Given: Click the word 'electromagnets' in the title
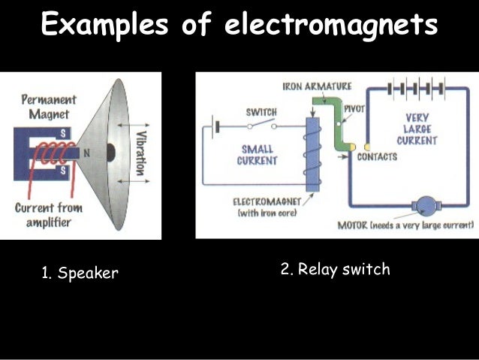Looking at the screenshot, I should tap(330, 26).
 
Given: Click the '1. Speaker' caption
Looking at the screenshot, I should tap(80, 274).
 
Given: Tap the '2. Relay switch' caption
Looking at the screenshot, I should tap(335, 269).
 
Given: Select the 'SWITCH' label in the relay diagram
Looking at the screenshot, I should tap(261, 113).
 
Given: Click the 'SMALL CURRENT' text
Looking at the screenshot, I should tap(257, 155).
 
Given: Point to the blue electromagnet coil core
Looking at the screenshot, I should tap(312, 154).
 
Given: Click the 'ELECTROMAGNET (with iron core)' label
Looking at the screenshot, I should tap(267, 207).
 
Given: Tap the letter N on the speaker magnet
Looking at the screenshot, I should tap(87, 153).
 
